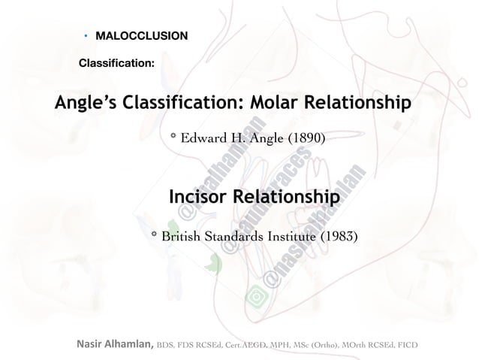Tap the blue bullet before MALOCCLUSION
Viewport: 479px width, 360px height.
[86, 36]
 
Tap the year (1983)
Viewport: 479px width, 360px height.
[340, 237]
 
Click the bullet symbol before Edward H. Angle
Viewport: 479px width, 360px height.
[173, 138]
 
